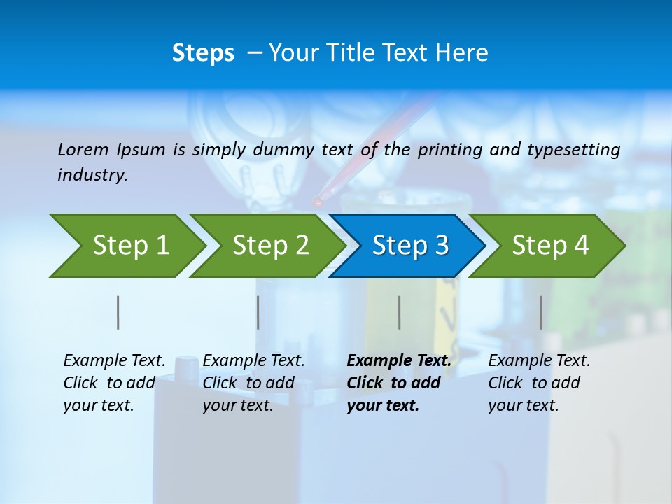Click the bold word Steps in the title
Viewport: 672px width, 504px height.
(203, 53)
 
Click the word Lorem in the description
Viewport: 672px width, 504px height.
(83, 150)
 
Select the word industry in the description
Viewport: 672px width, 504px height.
(92, 175)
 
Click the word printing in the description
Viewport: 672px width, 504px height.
(450, 150)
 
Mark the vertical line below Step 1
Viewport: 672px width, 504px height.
(118, 312)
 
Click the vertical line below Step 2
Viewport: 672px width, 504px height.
(258, 312)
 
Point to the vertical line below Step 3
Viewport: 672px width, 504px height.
(400, 312)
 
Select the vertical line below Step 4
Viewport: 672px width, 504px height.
(541, 312)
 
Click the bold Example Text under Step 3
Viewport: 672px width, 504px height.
(399, 361)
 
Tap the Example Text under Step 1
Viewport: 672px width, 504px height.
(114, 361)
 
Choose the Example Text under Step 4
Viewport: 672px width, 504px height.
(539, 361)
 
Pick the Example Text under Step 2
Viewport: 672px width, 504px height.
(253, 361)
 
